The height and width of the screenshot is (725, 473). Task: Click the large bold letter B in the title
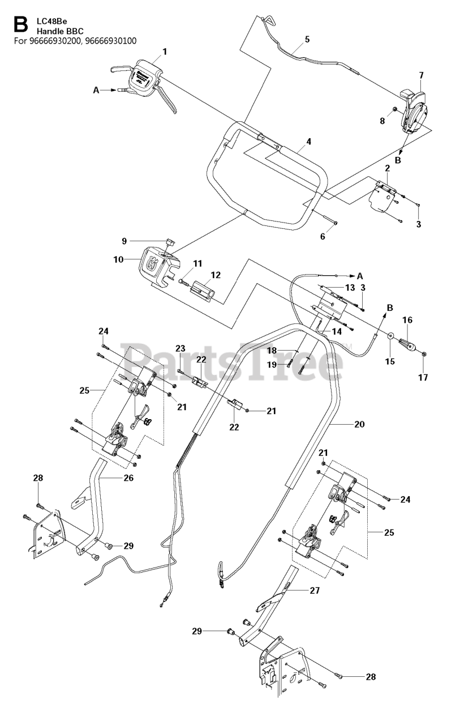point(21,25)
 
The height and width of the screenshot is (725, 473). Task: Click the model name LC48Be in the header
point(52,22)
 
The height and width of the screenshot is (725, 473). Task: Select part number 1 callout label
point(165,52)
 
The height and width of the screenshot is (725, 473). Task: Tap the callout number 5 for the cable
point(307,39)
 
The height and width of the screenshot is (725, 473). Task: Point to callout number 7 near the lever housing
point(421,75)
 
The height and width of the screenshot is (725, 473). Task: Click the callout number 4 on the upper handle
point(308,142)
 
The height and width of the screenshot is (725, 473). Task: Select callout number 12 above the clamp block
point(216,275)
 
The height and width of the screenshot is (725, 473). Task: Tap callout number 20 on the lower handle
point(359,424)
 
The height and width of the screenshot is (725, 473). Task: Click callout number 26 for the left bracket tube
point(128,477)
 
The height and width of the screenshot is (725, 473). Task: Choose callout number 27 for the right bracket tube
point(315,590)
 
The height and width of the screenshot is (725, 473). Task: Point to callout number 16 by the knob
point(407,320)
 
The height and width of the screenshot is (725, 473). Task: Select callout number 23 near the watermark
point(180,348)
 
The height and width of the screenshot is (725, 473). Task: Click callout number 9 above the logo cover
point(124,241)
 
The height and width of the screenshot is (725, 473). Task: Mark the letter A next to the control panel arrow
point(96,90)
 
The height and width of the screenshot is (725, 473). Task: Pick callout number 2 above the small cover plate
point(388,168)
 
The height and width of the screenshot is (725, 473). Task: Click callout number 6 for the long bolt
point(322,237)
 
